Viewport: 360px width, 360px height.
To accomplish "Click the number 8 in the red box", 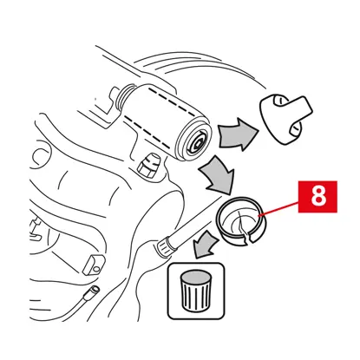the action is (x=318, y=196).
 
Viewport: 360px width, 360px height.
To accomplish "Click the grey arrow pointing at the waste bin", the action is (x=205, y=245).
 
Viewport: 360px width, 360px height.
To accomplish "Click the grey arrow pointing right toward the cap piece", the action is (x=238, y=134).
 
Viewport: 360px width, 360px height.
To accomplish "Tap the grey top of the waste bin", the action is (x=195, y=277).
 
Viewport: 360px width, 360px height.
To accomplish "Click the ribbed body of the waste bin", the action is (x=195, y=295).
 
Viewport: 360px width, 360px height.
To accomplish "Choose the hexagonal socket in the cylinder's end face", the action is (x=199, y=141).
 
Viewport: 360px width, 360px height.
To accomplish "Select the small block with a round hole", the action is (x=92, y=265).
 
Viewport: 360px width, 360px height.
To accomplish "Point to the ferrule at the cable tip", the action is (x=91, y=291).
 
